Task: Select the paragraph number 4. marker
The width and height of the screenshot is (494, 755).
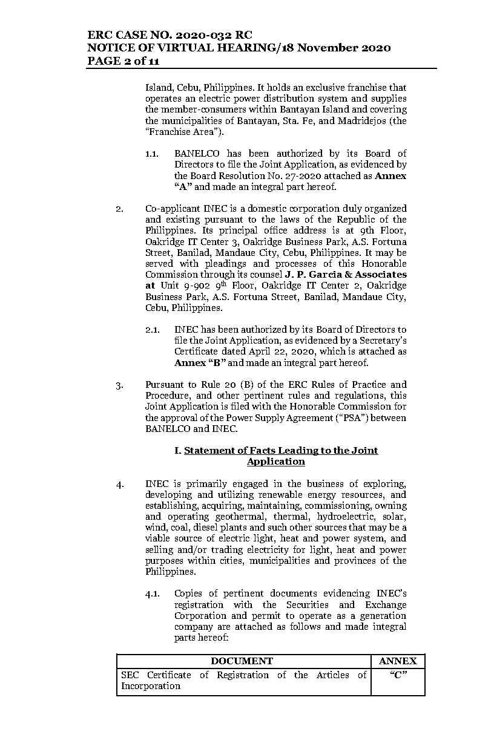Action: [120, 484]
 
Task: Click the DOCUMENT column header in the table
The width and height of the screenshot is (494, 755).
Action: [242, 661]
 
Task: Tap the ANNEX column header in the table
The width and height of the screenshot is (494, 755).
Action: [398, 661]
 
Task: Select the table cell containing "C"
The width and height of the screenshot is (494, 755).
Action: [398, 675]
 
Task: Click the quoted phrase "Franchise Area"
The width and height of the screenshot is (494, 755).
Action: [181, 132]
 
